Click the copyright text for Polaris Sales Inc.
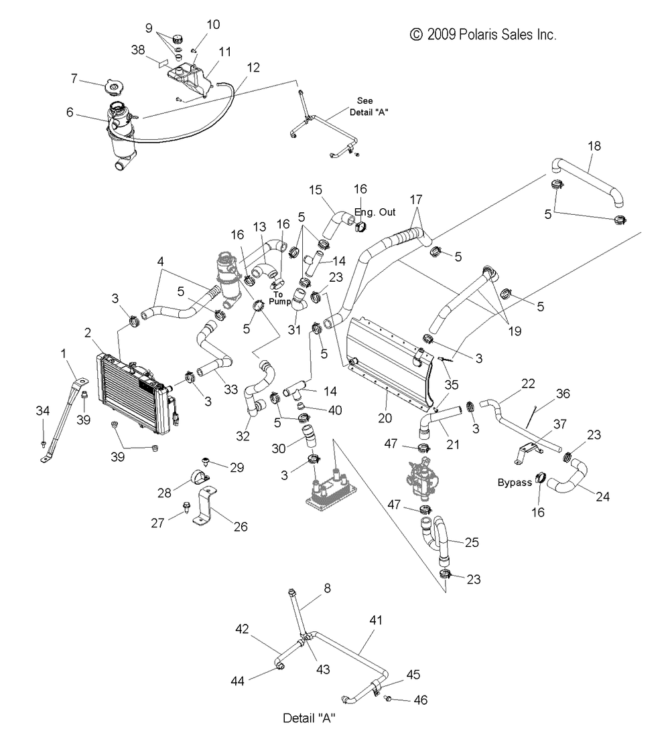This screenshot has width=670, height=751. [x=483, y=35]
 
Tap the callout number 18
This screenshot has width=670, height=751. [x=594, y=146]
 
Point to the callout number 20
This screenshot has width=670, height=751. [x=385, y=418]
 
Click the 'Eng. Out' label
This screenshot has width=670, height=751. [x=375, y=212]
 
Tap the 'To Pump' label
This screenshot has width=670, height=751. [x=279, y=298]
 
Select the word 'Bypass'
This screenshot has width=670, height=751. [x=515, y=483]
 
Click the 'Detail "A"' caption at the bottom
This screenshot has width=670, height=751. [x=309, y=718]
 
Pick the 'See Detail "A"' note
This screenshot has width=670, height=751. [x=368, y=106]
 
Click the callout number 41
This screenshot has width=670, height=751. [x=376, y=620]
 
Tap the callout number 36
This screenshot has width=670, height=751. [x=563, y=394]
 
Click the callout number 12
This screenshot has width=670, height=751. [x=253, y=68]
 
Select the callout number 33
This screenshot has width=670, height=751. [x=230, y=390]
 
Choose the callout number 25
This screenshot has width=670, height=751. [x=472, y=542]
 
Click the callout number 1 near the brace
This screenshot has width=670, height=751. [x=63, y=353]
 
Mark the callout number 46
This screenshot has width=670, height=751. [x=420, y=700]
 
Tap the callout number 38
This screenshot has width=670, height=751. [x=138, y=50]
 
